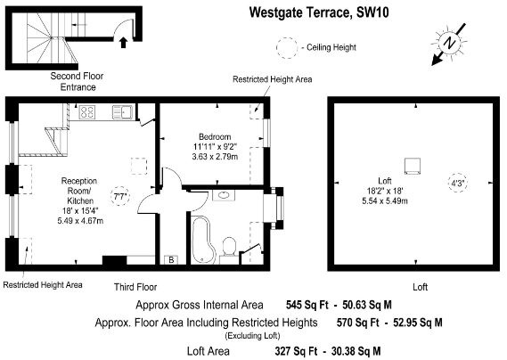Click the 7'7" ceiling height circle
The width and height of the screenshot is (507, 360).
point(119,196)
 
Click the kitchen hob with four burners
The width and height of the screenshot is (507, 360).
point(89,112)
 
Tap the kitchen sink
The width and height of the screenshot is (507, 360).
point(124,111)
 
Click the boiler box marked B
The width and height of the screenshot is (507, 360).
point(171,260)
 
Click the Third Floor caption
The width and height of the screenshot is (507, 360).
point(135,287)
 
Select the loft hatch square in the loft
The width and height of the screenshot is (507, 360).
point(413,165)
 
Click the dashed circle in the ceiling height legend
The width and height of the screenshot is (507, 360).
point(287,45)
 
